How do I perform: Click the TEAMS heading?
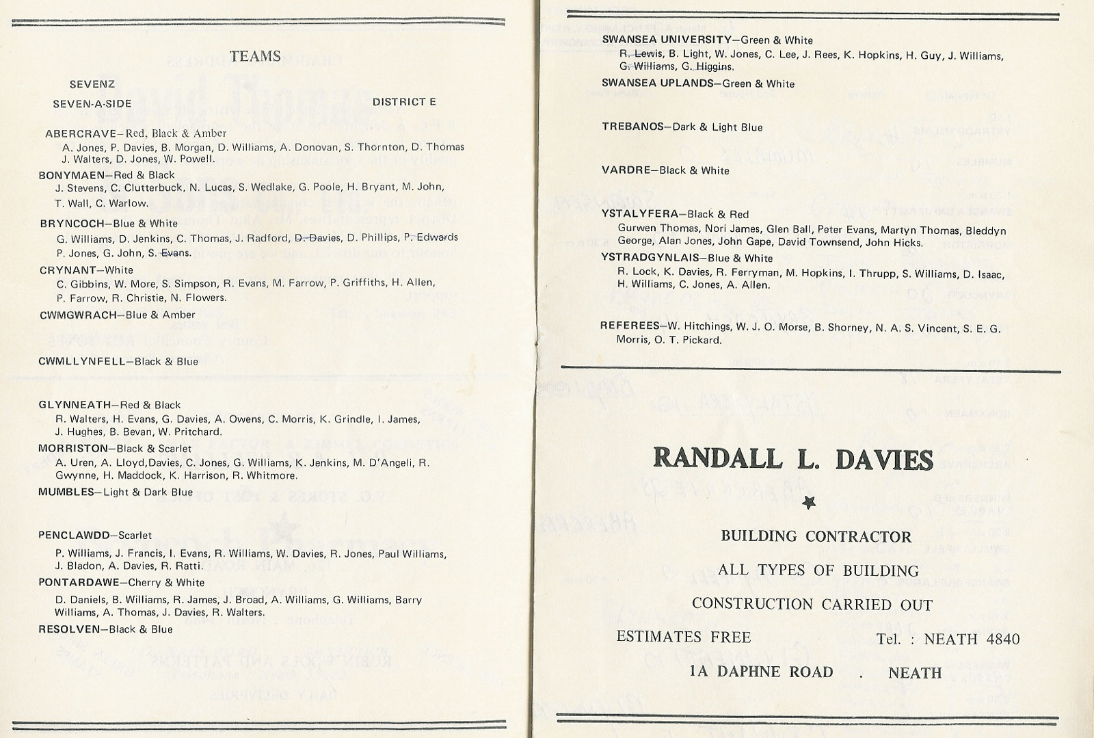pos(255,56)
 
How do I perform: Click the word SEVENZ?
pos(92,85)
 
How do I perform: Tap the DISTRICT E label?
pos(404,103)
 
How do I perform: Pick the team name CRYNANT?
pos(67,270)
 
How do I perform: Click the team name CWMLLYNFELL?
pos(82,361)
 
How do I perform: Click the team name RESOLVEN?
pos(69,629)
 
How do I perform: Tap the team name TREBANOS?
pos(632,127)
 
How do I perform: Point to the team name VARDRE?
pos(626,170)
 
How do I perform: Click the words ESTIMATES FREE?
pos(684,637)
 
